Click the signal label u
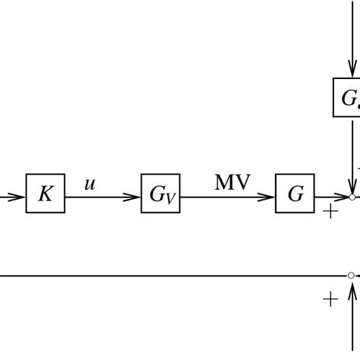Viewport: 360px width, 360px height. [90, 183]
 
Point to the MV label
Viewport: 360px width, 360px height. [232, 182]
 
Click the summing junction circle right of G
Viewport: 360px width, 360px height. [352, 197]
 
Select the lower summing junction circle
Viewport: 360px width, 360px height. [351, 276]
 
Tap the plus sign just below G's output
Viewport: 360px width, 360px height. [330, 212]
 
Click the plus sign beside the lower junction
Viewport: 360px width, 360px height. [330, 299]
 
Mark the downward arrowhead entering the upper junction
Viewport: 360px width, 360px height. [352, 187]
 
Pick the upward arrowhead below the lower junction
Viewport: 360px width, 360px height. [352, 286]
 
